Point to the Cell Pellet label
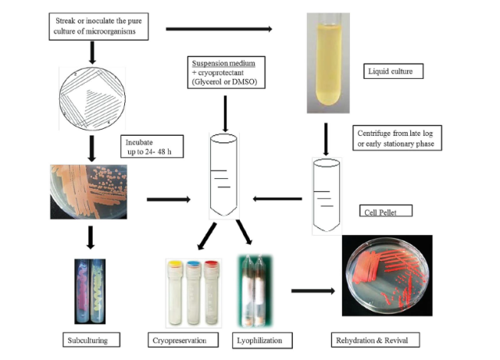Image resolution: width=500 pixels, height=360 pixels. click(383, 212)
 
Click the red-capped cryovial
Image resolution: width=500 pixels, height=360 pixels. click(210, 285)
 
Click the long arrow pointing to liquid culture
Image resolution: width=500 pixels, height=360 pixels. click(219, 30)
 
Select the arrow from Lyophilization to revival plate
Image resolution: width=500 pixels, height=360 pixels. click(312, 290)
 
